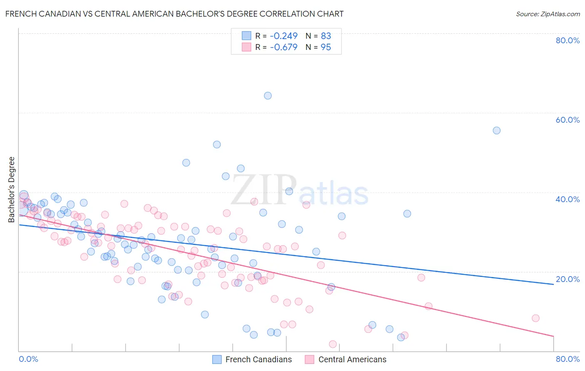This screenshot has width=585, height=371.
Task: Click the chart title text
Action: (174, 14)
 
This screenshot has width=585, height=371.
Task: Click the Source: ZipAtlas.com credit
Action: (548, 14)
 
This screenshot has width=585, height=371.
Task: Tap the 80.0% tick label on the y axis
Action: (568, 40)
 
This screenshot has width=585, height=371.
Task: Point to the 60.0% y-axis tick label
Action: (568, 120)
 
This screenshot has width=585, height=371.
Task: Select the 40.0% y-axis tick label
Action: (568, 199)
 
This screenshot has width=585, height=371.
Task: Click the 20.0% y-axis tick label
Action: (568, 279)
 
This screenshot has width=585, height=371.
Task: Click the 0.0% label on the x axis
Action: (28, 359)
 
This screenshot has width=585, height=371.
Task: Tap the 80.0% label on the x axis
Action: (568, 359)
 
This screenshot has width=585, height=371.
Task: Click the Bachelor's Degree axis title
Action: (12, 190)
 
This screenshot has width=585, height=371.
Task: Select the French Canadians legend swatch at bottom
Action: (217, 359)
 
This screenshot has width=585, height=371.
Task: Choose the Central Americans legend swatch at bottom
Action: (309, 359)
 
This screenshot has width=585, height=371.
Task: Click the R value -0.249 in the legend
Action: (284, 36)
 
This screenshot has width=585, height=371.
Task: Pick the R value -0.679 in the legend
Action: (284, 47)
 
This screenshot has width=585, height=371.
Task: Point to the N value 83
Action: (326, 36)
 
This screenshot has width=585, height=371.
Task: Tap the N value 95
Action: (326, 47)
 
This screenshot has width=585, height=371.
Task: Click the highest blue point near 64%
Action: (268, 96)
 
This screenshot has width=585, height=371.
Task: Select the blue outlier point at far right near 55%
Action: (496, 131)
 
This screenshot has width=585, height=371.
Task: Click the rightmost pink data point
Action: (535, 318)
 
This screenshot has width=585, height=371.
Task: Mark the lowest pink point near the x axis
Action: (333, 344)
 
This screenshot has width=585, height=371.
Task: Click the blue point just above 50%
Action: (217, 145)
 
